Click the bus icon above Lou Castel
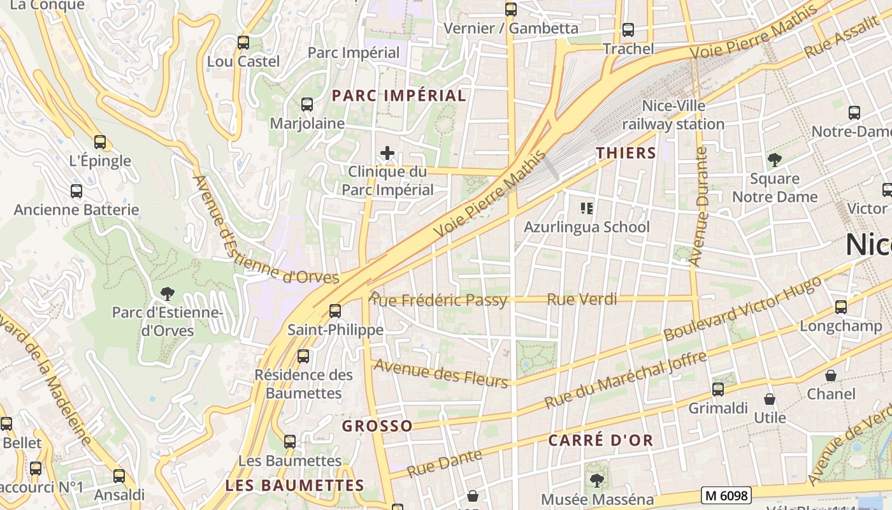tap(243, 43)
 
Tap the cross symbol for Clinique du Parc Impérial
tap(387, 153)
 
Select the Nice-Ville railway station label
tap(673, 115)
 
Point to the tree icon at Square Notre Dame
tap(774, 159)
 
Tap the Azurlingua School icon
tap(587, 208)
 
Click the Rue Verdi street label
tap(582, 299)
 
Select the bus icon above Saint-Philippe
tap(334, 311)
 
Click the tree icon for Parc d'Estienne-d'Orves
tap(168, 294)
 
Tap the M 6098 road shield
tap(726, 495)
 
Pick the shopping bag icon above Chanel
tap(831, 375)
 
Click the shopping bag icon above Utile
tap(770, 400)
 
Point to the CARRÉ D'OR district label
tap(601, 440)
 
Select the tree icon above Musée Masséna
tap(597, 480)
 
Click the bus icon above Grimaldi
tap(718, 389)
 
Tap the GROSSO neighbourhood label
tap(377, 426)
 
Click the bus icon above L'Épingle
tap(99, 142)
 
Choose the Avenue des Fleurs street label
tap(441, 373)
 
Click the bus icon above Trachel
tap(628, 29)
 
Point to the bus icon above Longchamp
tap(841, 307)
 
